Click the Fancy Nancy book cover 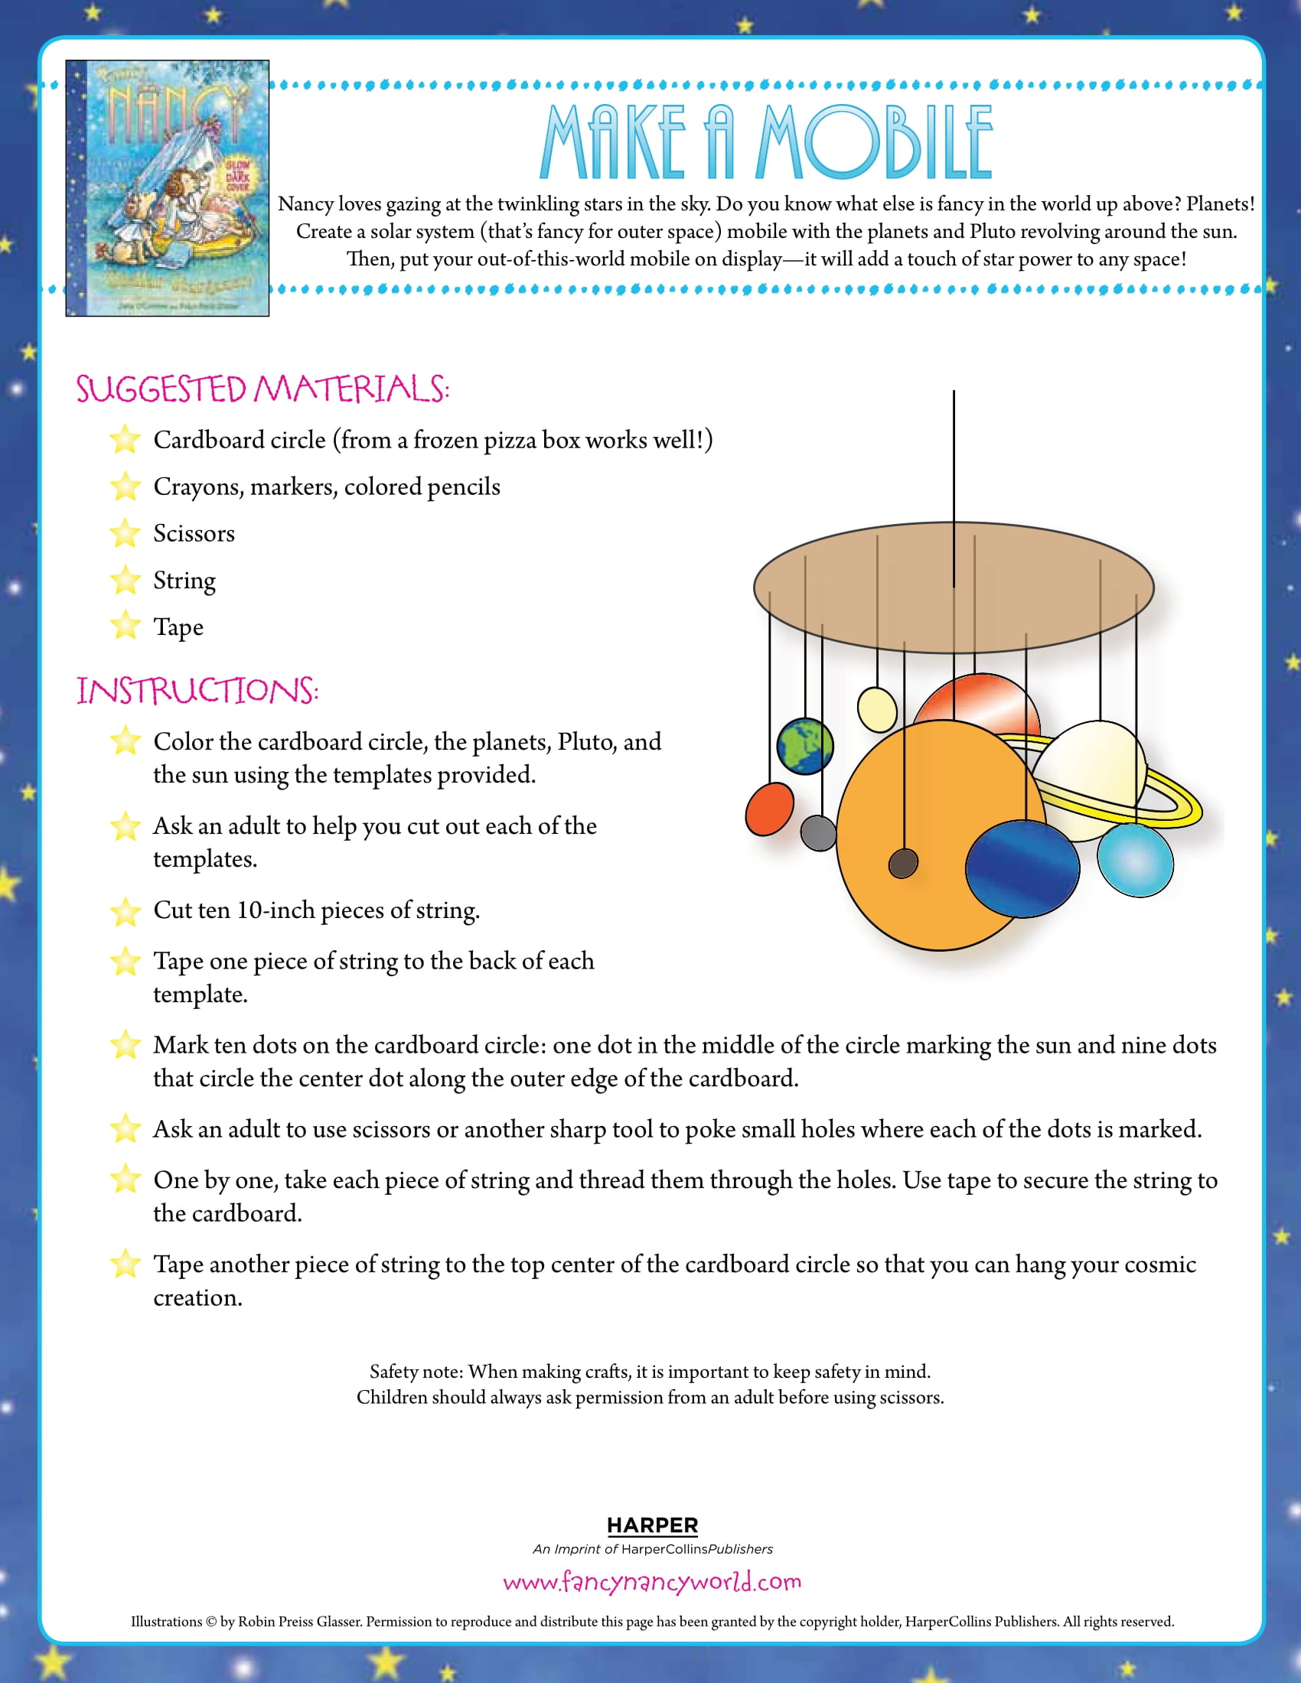(x=168, y=188)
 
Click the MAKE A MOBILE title (x=766, y=142)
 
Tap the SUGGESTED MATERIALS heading (x=262, y=389)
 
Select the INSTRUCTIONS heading (x=197, y=691)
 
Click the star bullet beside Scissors (x=124, y=533)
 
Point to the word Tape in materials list (x=178, y=627)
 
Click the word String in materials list (x=184, y=581)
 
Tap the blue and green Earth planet (x=804, y=746)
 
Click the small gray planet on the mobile (x=818, y=833)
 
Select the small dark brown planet (x=902, y=863)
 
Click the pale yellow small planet (x=876, y=709)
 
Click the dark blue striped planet (x=1022, y=868)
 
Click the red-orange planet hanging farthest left (x=769, y=809)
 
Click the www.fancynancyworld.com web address (x=652, y=1581)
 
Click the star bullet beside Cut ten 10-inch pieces (x=124, y=912)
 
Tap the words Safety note (x=416, y=1372)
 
